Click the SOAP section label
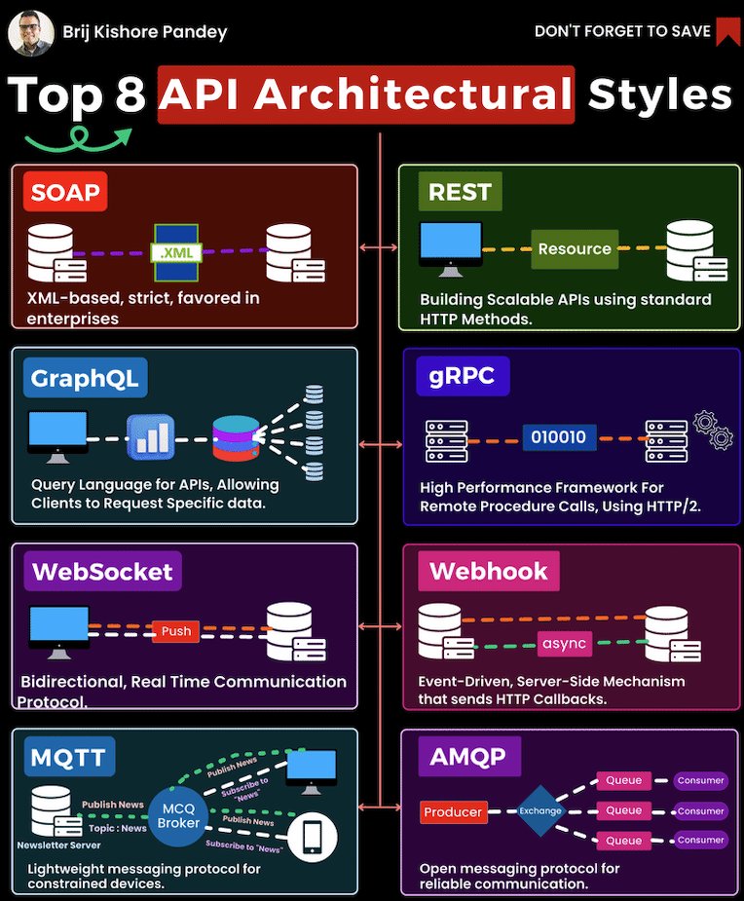[x=65, y=192]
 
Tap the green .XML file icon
[x=176, y=250]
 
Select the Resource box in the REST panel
[x=575, y=248]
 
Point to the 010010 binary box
[x=559, y=437]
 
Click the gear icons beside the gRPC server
[x=714, y=430]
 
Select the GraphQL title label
[x=84, y=377]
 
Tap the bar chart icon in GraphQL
[x=151, y=437]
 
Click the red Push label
[x=176, y=631]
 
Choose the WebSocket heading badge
[x=102, y=571]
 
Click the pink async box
[x=565, y=644]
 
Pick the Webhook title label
[x=489, y=571]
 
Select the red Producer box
[x=453, y=811]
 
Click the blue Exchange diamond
[x=540, y=810]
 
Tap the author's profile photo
[x=31, y=31]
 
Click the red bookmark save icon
[x=726, y=31]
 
